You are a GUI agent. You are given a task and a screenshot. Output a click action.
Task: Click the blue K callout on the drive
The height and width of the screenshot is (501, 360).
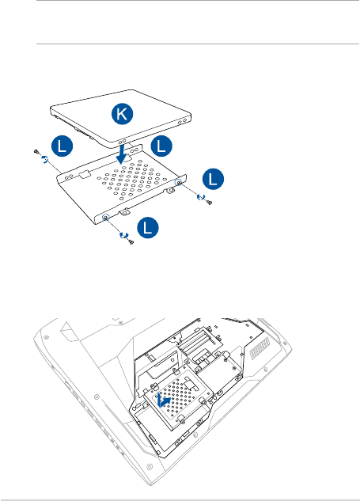[x=123, y=114]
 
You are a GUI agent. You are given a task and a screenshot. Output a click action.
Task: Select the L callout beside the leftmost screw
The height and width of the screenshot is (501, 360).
[x=63, y=146]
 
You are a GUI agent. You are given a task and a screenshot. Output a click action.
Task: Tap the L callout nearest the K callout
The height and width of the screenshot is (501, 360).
[x=161, y=146]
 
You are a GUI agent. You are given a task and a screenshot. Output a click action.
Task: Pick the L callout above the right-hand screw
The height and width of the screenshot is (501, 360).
[x=213, y=179]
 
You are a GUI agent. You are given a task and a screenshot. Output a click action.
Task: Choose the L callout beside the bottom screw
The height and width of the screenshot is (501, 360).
[x=148, y=228]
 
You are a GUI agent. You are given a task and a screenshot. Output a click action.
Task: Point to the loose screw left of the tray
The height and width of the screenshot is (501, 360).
[x=36, y=152]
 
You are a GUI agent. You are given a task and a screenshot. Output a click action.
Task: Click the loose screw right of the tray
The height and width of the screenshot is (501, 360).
[x=210, y=202]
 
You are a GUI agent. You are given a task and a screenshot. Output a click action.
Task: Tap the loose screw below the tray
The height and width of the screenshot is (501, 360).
[x=131, y=242]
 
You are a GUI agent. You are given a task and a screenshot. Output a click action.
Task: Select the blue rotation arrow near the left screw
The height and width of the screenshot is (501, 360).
[x=45, y=159]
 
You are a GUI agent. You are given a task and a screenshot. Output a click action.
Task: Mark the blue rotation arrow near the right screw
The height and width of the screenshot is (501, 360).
[x=200, y=197]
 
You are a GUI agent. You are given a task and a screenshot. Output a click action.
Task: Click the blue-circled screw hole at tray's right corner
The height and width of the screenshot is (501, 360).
[x=179, y=182]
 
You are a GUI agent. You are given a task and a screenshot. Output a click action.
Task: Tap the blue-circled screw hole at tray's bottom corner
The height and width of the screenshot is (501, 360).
[x=106, y=218]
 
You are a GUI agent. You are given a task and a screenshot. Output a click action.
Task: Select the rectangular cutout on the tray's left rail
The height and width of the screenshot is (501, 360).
[x=85, y=174]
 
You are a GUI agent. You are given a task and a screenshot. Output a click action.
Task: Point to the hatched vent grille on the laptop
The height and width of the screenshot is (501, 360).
[x=260, y=348]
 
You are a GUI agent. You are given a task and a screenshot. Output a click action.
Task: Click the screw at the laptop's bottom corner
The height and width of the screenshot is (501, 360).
[x=150, y=467]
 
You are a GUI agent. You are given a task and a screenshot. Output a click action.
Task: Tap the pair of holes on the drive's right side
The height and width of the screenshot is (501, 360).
[x=183, y=121]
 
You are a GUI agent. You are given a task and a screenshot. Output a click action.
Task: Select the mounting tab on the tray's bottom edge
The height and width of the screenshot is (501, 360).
[x=124, y=211]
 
